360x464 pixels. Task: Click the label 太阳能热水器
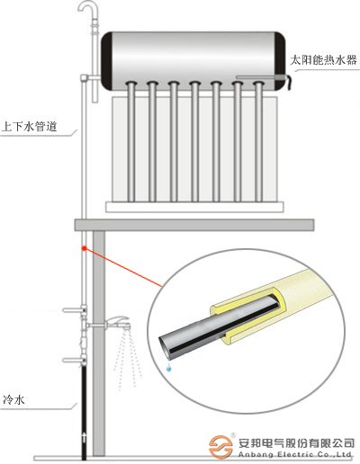[x=324, y=59]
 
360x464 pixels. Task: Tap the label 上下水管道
[x=30, y=128]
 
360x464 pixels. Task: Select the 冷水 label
[x=13, y=397]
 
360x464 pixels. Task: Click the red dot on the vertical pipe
[x=84, y=247]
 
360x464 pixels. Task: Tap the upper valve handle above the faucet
[x=83, y=313]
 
